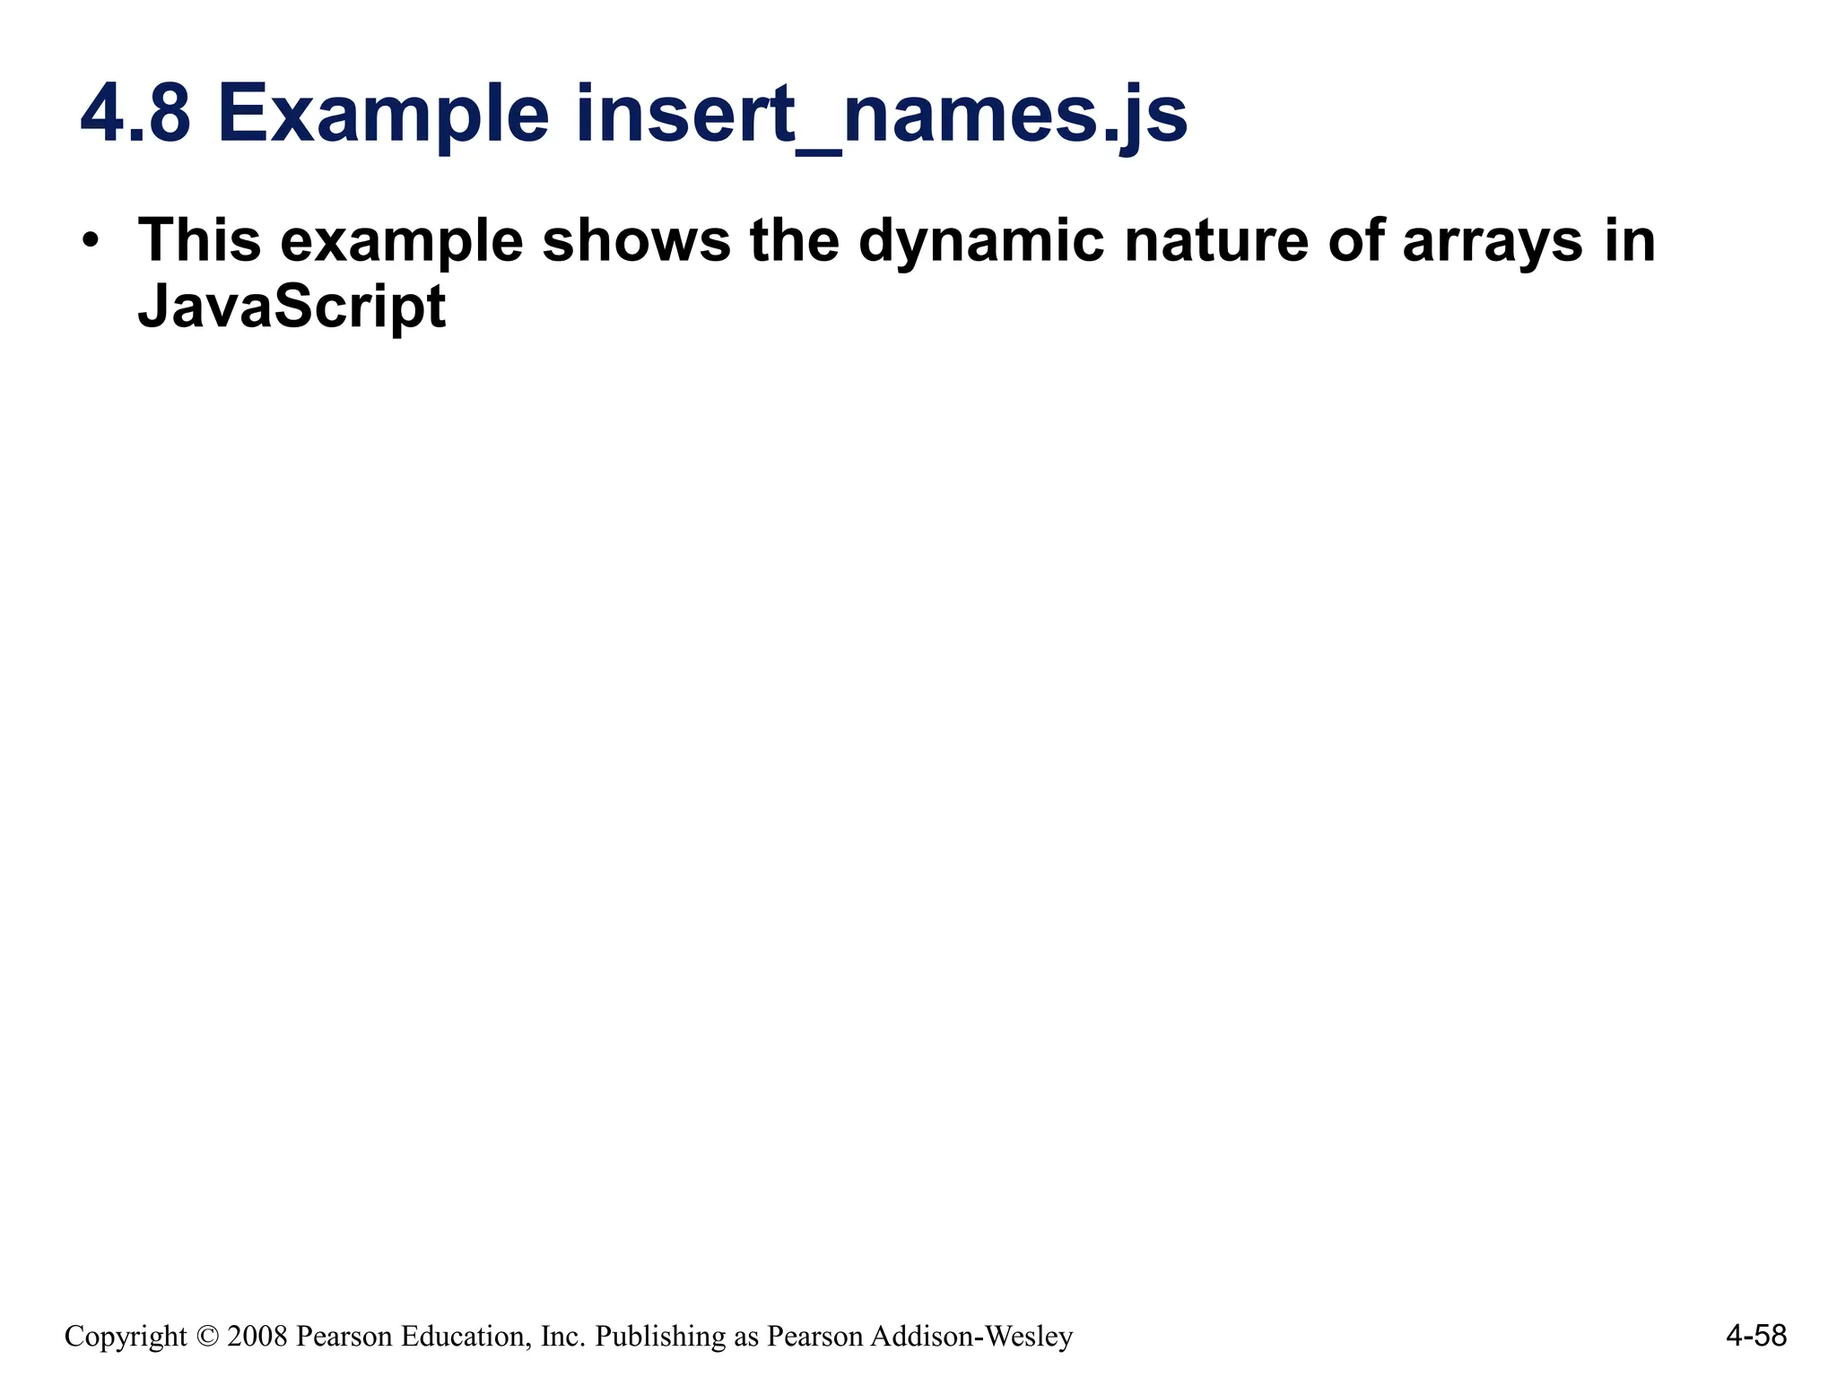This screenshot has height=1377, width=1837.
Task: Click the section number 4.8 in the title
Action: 136,115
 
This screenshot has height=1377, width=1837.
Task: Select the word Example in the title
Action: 383,115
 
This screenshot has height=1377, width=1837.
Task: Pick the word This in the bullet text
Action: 199,240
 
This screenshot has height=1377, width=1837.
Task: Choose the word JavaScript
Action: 292,307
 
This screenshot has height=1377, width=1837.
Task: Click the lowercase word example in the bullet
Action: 401,240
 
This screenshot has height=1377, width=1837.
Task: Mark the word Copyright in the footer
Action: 126,1337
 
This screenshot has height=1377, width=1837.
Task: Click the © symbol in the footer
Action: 207,1337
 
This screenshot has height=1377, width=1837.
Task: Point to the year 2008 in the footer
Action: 257,1337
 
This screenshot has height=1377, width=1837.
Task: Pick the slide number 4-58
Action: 1755,1337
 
